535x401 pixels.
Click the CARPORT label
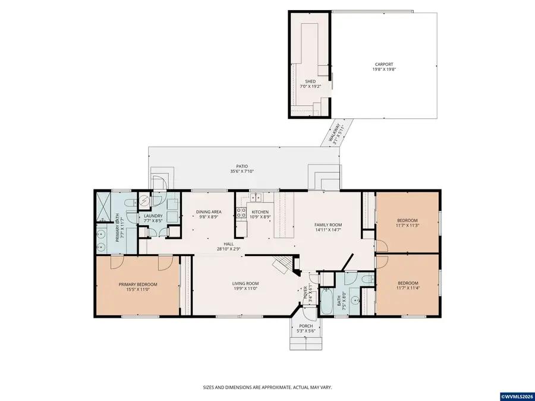tap(383, 64)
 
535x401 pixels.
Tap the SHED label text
tap(310, 81)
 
